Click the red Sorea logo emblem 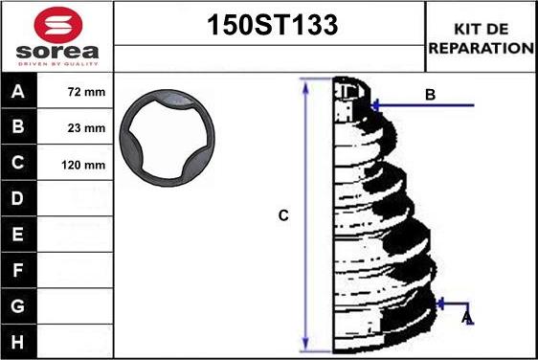point(58,25)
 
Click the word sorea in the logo point(57,52)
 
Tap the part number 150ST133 point(273,25)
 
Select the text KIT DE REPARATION point(482,38)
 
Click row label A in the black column point(18,91)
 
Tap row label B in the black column point(18,126)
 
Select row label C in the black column point(18,163)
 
